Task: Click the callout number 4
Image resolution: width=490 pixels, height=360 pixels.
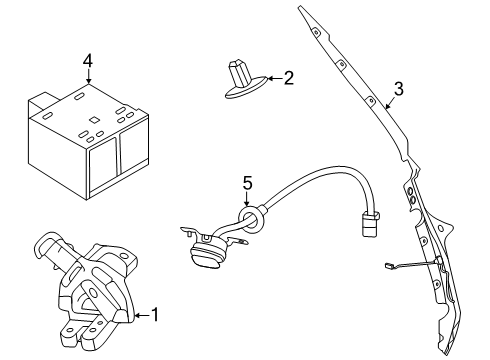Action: click(x=88, y=60)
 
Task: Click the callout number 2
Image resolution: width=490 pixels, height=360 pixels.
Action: click(x=288, y=77)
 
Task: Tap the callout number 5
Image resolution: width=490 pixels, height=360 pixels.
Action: click(x=248, y=183)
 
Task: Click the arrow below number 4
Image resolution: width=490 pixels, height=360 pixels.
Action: click(x=88, y=78)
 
